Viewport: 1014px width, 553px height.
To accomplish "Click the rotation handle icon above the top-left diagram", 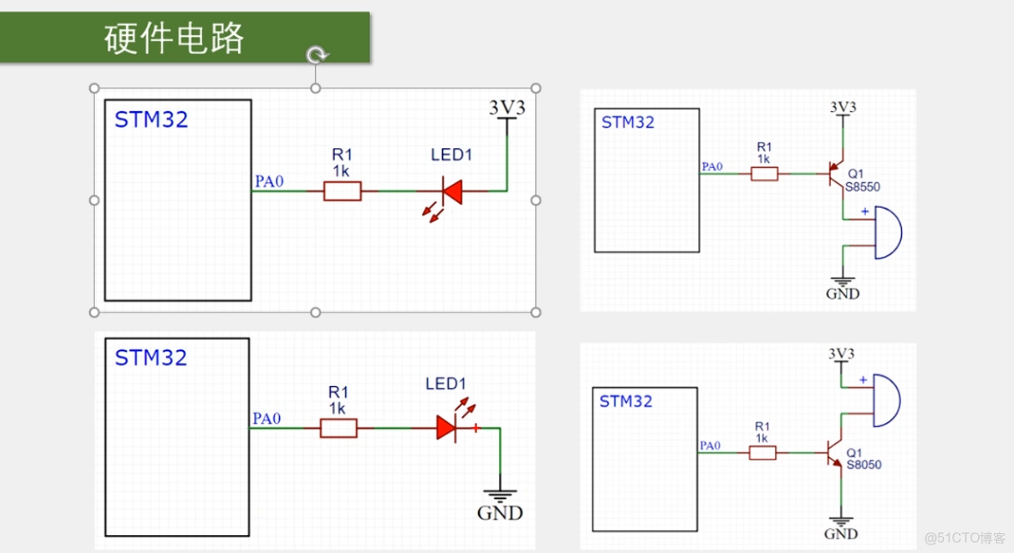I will click(316, 56).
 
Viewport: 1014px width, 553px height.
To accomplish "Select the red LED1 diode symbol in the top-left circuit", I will click(450, 191).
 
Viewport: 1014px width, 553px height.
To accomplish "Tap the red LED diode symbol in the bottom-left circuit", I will click(447, 428).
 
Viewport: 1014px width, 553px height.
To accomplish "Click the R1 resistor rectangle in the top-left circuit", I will click(342, 191).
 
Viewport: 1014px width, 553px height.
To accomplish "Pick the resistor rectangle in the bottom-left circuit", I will click(338, 428).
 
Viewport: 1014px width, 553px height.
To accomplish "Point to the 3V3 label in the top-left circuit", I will click(507, 108).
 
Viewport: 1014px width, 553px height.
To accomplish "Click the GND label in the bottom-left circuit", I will click(499, 514).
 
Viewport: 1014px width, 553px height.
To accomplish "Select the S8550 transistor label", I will click(863, 187).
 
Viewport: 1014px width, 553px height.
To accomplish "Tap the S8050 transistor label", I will click(863, 465).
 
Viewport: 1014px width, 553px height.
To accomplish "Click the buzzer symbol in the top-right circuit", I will click(886, 232).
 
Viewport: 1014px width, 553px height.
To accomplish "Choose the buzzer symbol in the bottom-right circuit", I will click(886, 401).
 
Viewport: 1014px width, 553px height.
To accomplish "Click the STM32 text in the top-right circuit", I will click(628, 122).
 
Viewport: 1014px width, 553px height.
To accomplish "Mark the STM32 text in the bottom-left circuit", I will click(151, 358).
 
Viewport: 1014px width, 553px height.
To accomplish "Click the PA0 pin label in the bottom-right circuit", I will click(711, 445).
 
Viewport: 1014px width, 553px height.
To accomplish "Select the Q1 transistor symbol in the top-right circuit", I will click(835, 175).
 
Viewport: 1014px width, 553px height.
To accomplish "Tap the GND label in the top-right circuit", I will click(843, 294).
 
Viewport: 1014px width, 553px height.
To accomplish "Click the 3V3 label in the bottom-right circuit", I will click(842, 354).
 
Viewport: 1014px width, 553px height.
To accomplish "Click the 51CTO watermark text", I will click(964, 538).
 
